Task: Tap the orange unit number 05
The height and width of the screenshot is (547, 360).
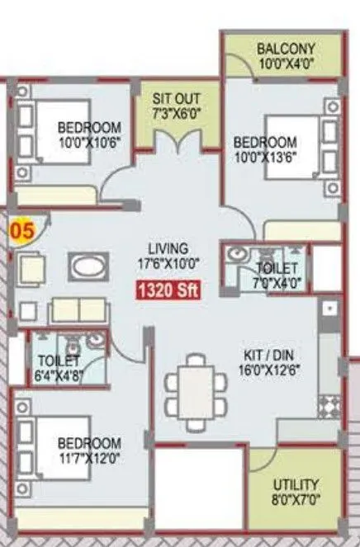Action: [x=21, y=230]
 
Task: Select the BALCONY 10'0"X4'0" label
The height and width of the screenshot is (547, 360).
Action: [x=285, y=55]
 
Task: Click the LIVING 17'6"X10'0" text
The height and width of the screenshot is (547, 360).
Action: [x=168, y=256]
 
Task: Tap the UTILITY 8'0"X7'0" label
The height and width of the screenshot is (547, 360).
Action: [x=296, y=492]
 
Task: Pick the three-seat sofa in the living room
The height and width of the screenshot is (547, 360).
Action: [x=78, y=310]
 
